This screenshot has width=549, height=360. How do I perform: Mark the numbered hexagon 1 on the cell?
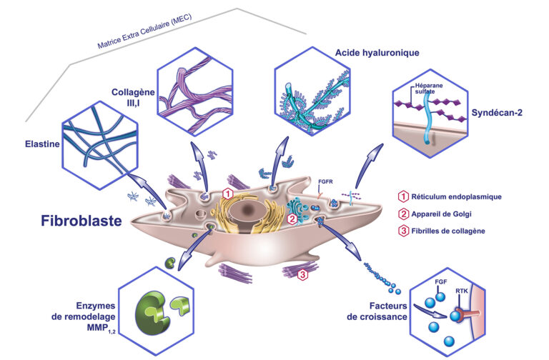coord(227,194)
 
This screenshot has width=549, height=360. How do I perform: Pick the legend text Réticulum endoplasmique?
coord(460,194)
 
